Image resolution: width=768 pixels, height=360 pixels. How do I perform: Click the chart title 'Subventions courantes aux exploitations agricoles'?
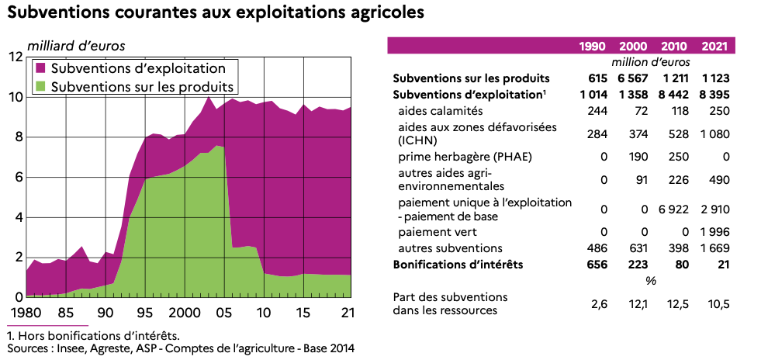216,13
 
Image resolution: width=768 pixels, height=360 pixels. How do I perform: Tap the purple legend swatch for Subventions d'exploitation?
43,68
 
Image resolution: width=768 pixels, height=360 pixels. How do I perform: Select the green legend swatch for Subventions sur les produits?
43,85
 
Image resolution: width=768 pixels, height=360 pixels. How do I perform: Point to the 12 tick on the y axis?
15,57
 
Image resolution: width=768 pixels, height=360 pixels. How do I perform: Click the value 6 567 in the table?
633,78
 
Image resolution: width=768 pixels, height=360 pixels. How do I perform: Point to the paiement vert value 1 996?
712,231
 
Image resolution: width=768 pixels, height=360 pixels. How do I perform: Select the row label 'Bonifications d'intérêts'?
458,265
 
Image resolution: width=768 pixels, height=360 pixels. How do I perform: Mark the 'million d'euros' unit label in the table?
651,62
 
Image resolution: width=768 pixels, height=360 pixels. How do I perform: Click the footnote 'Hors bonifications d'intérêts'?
97,336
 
